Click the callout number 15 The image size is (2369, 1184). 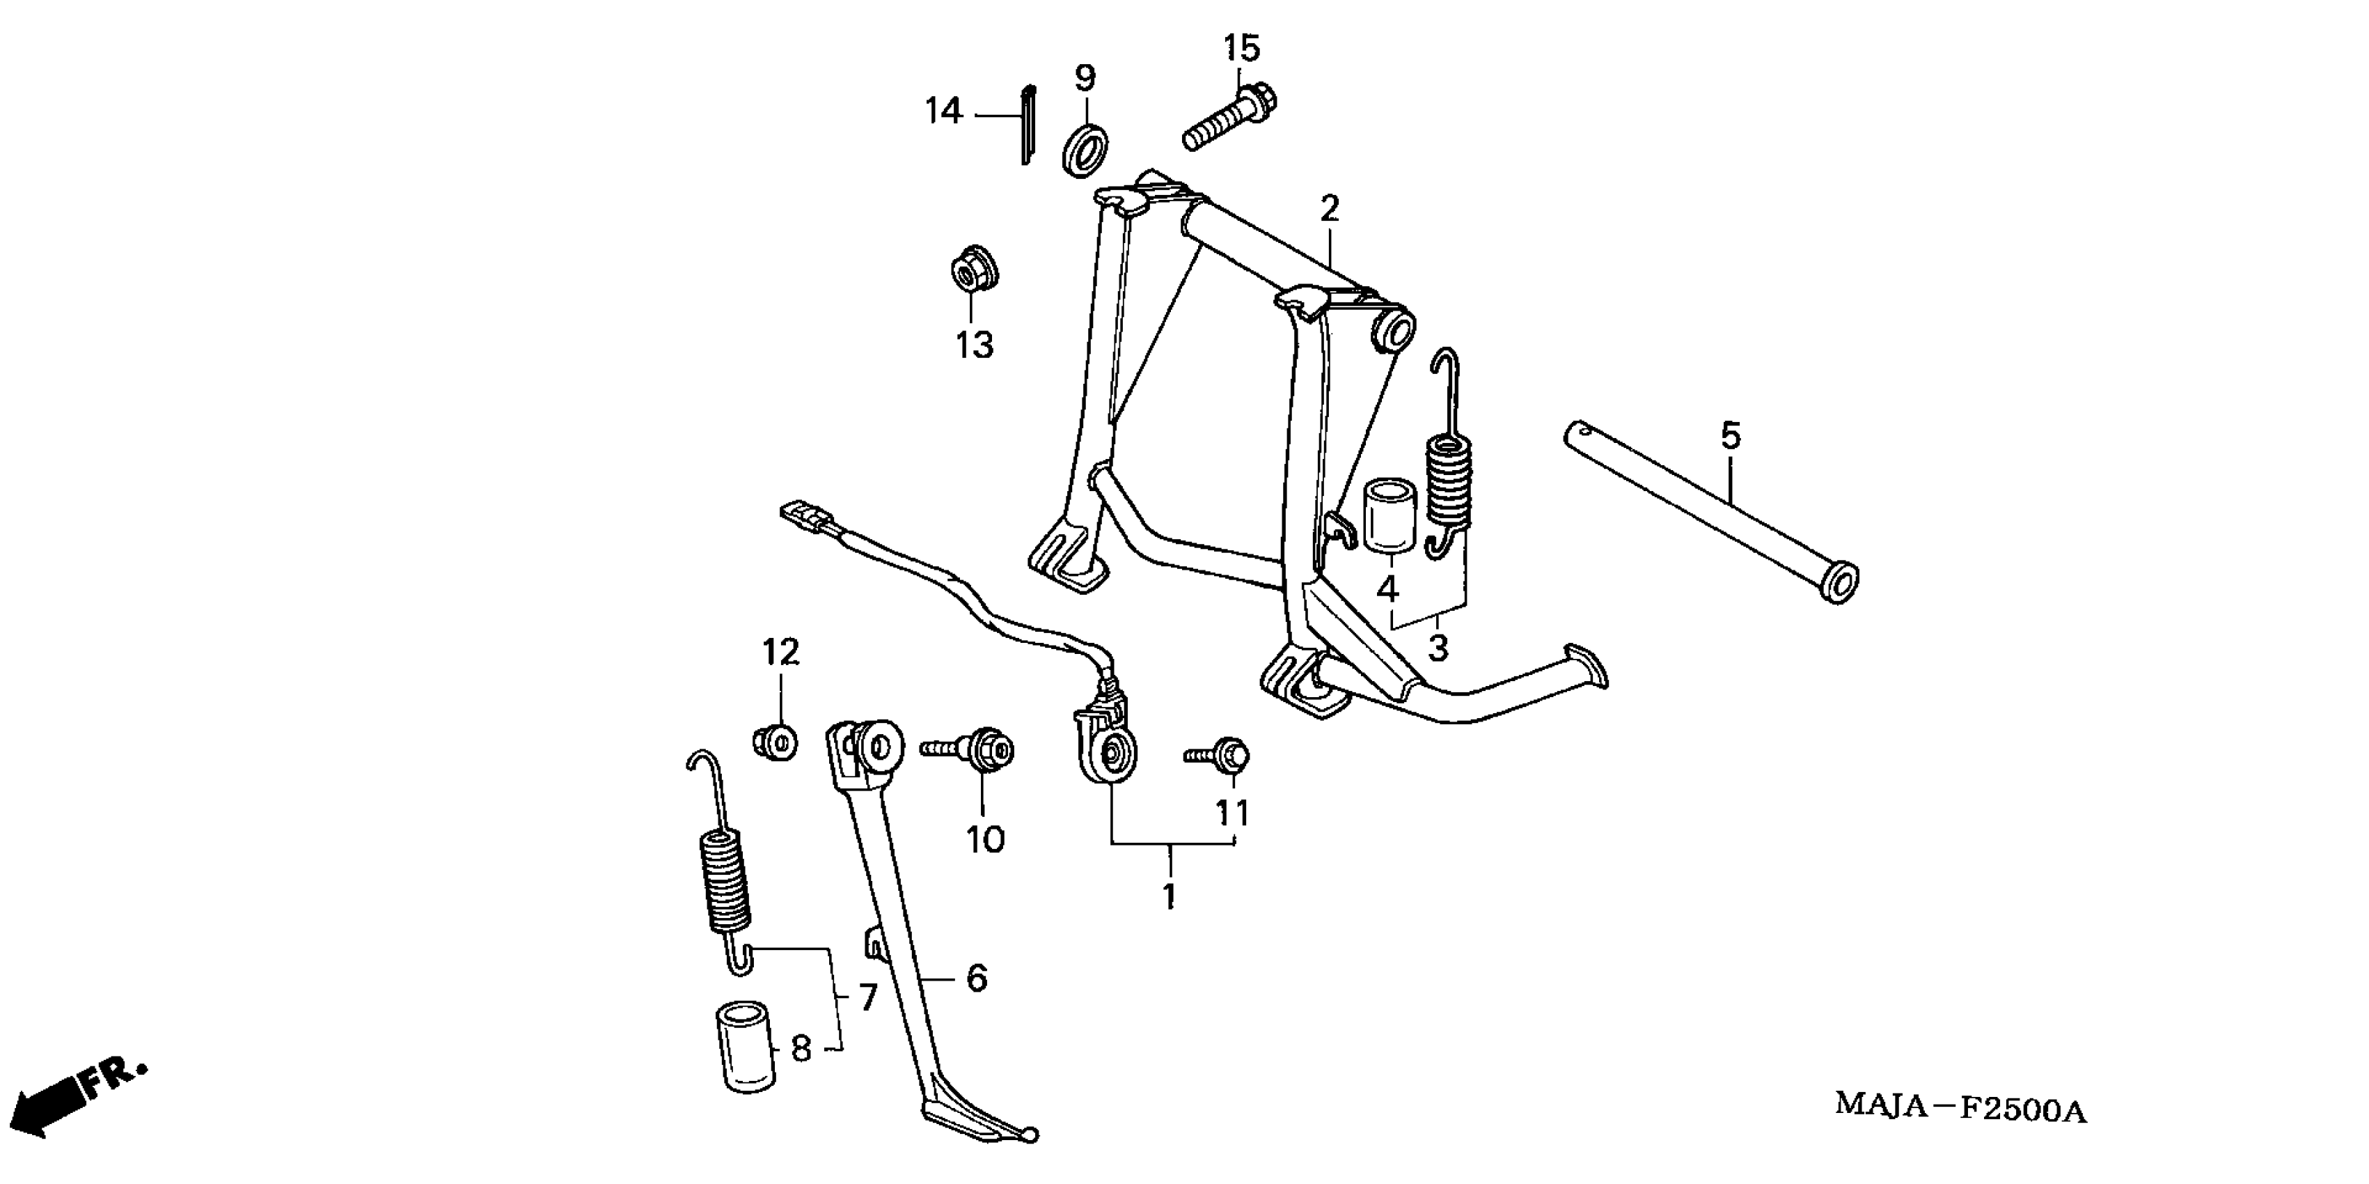tap(1241, 49)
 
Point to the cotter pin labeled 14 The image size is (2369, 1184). tap(1028, 123)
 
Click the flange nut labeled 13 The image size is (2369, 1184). tap(974, 270)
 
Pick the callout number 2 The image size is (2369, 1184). tap(1330, 210)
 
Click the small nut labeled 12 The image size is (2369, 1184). tap(776, 740)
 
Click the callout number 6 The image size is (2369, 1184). tap(977, 978)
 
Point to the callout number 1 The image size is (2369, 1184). tap(1169, 897)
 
